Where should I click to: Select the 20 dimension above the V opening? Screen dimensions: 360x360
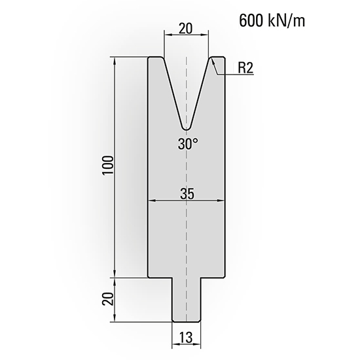pos(187,29)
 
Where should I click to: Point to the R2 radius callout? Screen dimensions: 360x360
pos(245,67)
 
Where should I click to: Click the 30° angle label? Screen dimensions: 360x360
pos(188,144)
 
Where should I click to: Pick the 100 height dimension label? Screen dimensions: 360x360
pos(109,168)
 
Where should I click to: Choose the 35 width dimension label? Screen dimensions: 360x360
pos(188,193)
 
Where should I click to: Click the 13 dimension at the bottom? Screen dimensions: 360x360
pos(187,338)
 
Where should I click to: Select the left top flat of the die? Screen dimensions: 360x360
pos(156,58)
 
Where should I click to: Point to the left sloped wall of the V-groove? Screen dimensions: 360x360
pos(171,92)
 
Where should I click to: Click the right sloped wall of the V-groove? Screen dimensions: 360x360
pos(202,92)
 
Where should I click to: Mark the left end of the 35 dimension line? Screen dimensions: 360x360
pos(149,202)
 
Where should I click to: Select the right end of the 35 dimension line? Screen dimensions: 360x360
pos(225,202)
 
